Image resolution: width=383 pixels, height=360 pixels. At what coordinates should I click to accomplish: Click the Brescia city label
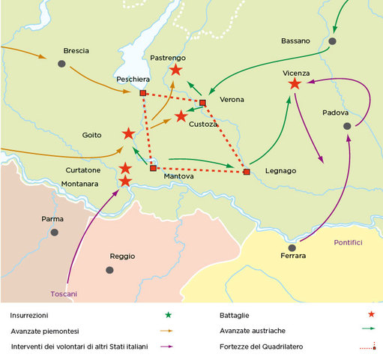(76, 50)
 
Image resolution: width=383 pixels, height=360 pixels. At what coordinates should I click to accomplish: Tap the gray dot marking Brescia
(61, 64)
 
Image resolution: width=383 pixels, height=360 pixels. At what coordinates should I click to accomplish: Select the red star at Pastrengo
(175, 70)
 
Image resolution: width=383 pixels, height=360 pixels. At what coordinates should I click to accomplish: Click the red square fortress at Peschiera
(142, 93)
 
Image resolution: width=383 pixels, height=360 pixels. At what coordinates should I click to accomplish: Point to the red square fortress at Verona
(202, 102)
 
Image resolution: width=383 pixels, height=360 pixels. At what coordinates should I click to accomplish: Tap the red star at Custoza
(181, 116)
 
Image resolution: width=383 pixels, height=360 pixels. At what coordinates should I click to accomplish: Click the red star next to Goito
(128, 133)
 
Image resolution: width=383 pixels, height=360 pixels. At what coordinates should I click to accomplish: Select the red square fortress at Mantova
(153, 168)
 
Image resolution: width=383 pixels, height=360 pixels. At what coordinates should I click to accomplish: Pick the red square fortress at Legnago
(247, 172)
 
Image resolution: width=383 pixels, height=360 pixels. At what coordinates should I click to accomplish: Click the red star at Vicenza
(295, 84)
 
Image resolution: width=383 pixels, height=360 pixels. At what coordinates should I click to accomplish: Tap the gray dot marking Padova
(347, 127)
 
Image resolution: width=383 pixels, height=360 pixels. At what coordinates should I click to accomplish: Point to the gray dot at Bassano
(333, 41)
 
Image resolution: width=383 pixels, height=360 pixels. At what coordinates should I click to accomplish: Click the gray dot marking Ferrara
(292, 247)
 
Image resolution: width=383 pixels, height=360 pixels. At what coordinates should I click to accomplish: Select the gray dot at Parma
(54, 232)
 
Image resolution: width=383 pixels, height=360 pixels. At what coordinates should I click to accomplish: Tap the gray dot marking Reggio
(112, 268)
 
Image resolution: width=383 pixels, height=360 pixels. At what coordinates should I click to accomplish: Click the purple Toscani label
(64, 293)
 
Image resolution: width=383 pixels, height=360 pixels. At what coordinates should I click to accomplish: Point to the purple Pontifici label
(348, 242)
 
